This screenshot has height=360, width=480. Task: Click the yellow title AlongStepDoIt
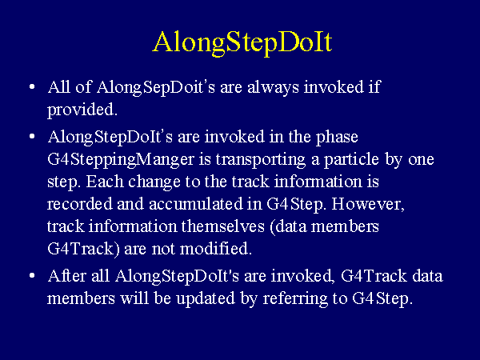coord(242,43)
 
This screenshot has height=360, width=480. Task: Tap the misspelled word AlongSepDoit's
coord(156,87)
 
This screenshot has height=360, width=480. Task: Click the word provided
coord(82,110)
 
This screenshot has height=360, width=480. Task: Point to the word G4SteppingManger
coord(121,159)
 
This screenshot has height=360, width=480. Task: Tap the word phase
coord(337,137)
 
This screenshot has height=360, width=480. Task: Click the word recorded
coord(80,204)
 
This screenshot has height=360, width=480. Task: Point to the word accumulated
coord(196,204)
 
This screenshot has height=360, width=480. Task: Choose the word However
coord(368,204)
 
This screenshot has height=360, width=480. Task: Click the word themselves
coord(223,226)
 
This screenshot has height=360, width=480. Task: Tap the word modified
coord(216,248)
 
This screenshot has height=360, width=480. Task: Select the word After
coord(67,276)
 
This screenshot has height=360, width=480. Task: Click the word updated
coord(206,298)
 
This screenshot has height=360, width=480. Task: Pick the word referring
coord(295,299)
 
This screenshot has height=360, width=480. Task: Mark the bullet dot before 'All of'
coord(32,87)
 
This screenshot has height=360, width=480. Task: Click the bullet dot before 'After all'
coord(32,275)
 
